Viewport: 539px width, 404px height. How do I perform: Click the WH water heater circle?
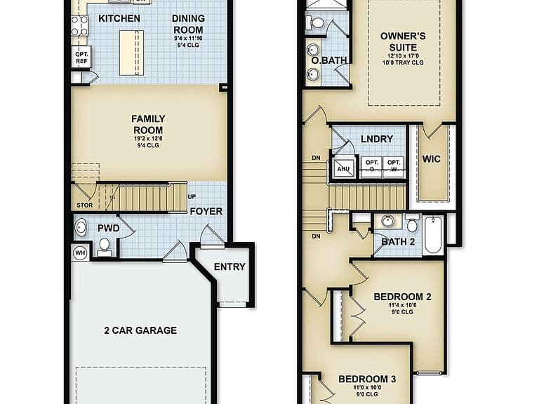[x=80, y=253]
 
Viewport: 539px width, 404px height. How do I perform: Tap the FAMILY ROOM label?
[x=148, y=124]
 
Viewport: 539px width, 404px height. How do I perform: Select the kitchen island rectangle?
[x=131, y=53]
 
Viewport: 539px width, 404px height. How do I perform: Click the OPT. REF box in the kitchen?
[x=82, y=58]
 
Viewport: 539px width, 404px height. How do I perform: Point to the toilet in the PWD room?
[x=104, y=248]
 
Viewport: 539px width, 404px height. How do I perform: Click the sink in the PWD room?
[x=81, y=227]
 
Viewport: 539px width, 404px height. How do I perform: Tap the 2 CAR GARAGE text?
[x=140, y=330]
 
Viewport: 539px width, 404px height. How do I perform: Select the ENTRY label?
[x=229, y=267]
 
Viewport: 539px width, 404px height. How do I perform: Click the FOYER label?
[x=206, y=211]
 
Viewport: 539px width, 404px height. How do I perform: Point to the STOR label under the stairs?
[x=84, y=206]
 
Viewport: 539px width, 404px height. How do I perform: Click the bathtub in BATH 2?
[x=433, y=235]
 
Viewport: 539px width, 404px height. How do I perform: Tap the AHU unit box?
[x=343, y=168]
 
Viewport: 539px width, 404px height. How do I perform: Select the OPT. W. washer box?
[x=394, y=167]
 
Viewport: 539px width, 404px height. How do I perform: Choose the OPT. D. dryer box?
[x=372, y=167]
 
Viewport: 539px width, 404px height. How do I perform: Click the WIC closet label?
[x=432, y=159]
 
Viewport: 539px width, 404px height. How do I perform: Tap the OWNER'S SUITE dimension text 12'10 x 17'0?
[x=403, y=55]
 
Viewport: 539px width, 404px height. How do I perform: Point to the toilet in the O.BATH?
[x=315, y=22]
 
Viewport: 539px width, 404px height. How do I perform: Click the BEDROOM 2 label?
[x=403, y=297]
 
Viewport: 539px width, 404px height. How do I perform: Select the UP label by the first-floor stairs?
[x=192, y=197]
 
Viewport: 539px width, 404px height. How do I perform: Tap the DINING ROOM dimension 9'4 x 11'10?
[x=188, y=39]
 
